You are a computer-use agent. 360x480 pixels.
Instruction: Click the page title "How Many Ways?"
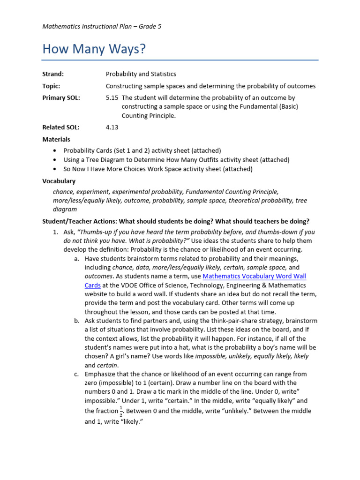pyautogui.click(x=94, y=49)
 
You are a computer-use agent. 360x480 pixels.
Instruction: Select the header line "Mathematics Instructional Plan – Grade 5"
pyautogui.click(x=102, y=27)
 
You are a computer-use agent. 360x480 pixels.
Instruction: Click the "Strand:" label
pyautogui.click(x=53, y=74)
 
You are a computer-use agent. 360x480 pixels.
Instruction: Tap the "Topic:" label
pyautogui.click(x=51, y=86)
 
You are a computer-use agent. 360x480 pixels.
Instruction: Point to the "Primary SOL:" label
pyautogui.click(x=61, y=97)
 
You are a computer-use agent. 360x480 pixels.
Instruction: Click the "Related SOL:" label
pyautogui.click(x=61, y=127)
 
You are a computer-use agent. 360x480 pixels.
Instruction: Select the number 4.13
pyautogui.click(x=113, y=127)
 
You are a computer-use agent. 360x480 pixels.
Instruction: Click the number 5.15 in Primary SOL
pyautogui.click(x=112, y=97)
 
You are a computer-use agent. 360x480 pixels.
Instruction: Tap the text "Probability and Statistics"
pyautogui.click(x=141, y=74)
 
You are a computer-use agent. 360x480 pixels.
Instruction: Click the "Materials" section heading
pyautogui.click(x=56, y=139)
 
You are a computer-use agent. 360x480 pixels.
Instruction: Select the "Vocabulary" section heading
pyautogui.click(x=59, y=181)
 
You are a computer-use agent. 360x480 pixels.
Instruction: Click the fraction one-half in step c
pyautogui.click(x=121, y=412)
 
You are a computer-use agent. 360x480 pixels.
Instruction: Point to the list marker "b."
pyautogui.click(x=77, y=321)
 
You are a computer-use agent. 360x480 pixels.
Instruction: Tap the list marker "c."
pyautogui.click(x=77, y=374)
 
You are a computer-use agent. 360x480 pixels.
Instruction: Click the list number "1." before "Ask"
pyautogui.click(x=55, y=232)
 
